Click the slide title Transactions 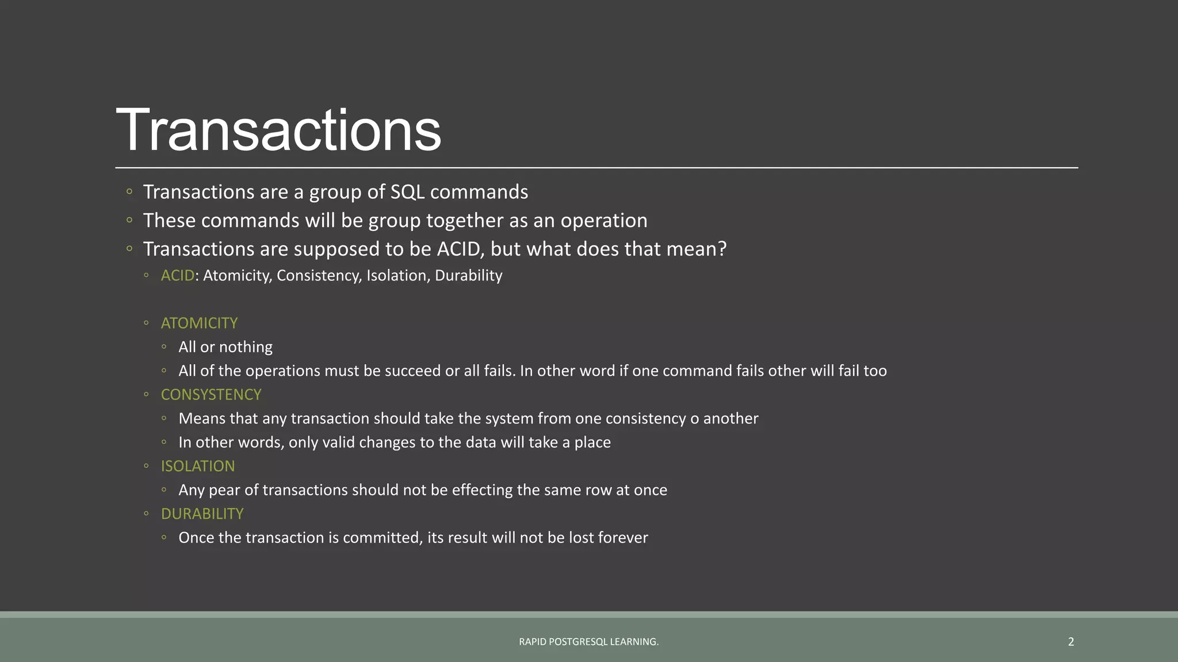click(278, 130)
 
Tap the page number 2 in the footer click(1070, 641)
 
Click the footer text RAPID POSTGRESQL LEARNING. click(588, 641)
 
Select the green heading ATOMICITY click(199, 323)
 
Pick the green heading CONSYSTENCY click(211, 395)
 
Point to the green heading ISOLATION click(198, 466)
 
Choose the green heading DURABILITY click(202, 514)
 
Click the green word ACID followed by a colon click(177, 276)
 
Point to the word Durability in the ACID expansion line click(468, 276)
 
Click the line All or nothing click(225, 347)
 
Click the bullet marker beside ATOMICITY click(146, 323)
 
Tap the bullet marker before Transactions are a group click(129, 191)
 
